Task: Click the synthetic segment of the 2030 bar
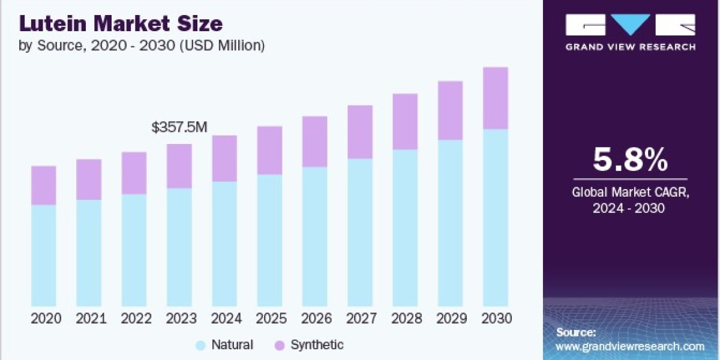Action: tap(496, 98)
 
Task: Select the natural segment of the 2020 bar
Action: tap(44, 256)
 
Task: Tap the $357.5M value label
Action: tap(179, 127)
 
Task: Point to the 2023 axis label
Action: tap(181, 319)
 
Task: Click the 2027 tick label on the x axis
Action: tap(361, 319)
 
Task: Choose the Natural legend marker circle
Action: tap(200, 346)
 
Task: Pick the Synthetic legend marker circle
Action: tap(280, 346)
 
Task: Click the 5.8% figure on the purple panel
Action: tap(631, 160)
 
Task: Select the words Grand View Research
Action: tap(631, 47)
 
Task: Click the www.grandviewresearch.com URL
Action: tap(629, 347)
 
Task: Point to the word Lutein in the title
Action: tap(53, 23)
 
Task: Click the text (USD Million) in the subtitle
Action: tap(223, 46)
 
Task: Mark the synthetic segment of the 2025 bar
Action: tap(269, 151)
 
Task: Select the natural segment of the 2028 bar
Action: tap(405, 228)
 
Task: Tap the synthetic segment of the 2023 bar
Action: tap(179, 166)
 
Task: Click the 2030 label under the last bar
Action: tap(497, 319)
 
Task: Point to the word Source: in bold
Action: tap(576, 332)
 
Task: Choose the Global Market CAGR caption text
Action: tap(631, 200)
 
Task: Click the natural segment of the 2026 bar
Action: tap(314, 236)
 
